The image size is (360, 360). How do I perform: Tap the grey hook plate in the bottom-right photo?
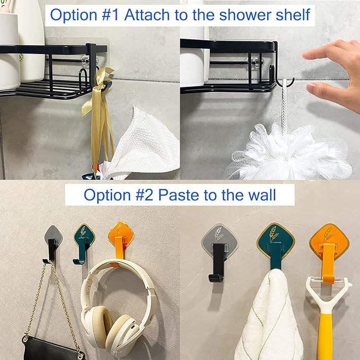[219, 240]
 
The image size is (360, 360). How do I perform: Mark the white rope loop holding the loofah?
[286, 103]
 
